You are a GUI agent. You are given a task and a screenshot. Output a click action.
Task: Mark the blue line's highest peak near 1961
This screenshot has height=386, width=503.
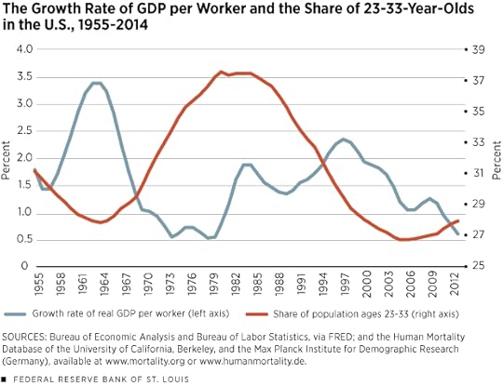tap(96, 83)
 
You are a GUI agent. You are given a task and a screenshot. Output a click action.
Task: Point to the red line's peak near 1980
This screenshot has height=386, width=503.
tap(222, 72)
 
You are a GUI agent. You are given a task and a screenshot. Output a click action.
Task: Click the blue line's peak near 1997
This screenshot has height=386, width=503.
tap(344, 140)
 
